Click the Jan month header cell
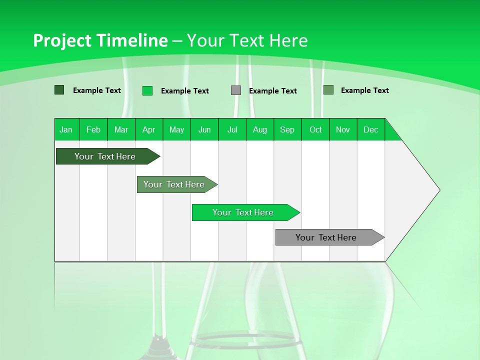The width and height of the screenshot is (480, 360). [x=66, y=129]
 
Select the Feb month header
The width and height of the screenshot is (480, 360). [x=93, y=129]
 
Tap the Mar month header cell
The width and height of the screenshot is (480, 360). [x=121, y=129]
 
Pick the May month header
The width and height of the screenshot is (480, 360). [x=176, y=129]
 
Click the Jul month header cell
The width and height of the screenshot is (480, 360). [x=232, y=129]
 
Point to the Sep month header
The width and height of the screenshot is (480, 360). [x=287, y=129]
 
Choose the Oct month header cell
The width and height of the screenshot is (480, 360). [x=315, y=129]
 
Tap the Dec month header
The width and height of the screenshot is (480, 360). [x=371, y=129]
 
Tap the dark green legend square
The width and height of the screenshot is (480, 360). [x=59, y=90]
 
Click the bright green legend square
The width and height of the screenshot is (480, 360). [x=147, y=90]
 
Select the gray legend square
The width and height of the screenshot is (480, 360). [x=236, y=90]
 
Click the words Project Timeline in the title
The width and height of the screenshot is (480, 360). [x=100, y=40]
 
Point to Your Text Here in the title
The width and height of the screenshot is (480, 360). [x=247, y=40]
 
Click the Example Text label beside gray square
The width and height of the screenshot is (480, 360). [x=273, y=91]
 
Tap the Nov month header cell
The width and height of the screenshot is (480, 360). [x=343, y=129]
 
